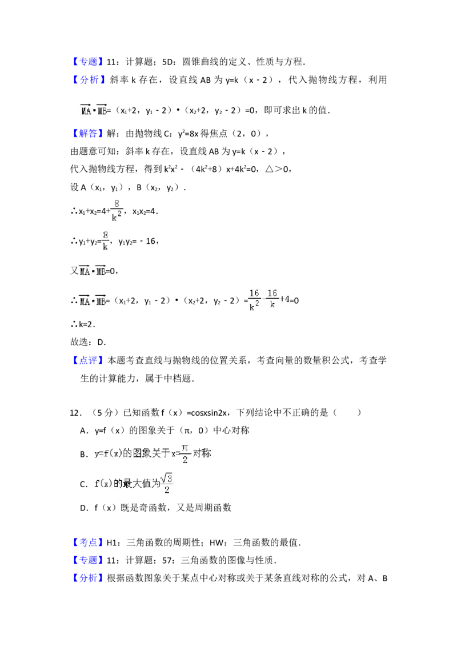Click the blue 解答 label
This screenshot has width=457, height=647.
(89, 134)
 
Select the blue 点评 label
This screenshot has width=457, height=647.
(89, 359)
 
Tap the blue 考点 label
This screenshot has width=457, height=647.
(89, 541)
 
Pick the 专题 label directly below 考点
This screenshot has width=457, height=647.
(89, 559)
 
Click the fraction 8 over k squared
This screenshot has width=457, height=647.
(118, 210)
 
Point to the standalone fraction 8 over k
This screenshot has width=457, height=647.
(105, 240)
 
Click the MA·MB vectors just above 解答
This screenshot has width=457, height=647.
(93, 110)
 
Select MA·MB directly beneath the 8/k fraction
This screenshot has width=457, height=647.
(93, 270)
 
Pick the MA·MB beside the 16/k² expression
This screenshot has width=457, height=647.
(93, 301)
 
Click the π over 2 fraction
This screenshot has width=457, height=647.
(185, 453)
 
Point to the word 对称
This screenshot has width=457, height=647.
(202, 455)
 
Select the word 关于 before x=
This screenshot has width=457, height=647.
(162, 455)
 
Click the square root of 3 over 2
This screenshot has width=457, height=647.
(167, 483)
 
